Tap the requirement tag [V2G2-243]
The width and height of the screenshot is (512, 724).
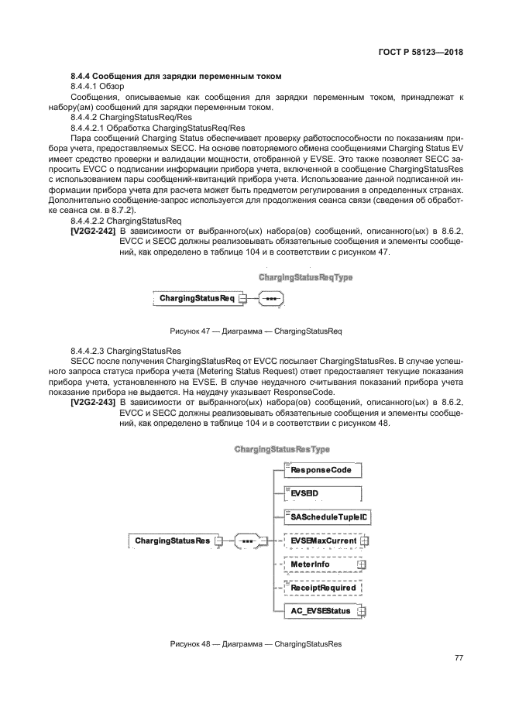click(x=93, y=403)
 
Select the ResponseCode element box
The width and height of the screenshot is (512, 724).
click(x=322, y=469)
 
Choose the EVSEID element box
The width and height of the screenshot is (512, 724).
click(x=322, y=492)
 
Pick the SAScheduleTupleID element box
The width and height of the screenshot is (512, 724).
click(x=325, y=516)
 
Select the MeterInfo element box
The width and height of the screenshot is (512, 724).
click(x=322, y=564)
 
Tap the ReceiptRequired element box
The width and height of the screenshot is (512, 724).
click(x=322, y=588)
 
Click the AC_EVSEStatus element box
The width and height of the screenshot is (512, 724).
click(x=324, y=611)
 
